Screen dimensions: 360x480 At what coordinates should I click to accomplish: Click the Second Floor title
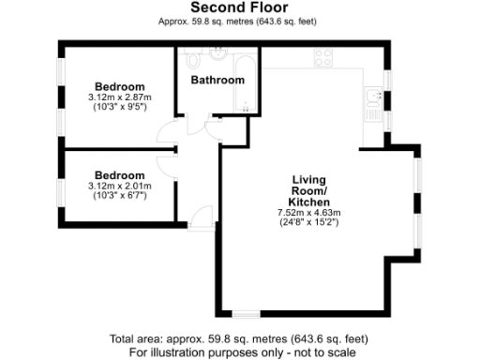[239, 8]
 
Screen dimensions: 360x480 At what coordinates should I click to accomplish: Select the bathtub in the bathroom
[246, 83]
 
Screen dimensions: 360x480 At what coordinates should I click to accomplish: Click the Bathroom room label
[217, 81]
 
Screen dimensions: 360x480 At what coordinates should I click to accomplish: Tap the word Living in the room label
[307, 180]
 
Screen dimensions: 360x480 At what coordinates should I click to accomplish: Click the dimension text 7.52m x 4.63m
[307, 213]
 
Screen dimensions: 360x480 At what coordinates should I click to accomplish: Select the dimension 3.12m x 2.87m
[119, 97]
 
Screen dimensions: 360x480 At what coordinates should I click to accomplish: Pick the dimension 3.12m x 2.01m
[119, 186]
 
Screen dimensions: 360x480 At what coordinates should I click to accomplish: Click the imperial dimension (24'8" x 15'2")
[307, 223]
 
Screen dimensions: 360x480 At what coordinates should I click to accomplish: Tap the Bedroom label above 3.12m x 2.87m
[119, 86]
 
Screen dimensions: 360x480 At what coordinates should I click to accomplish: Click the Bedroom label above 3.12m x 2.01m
[119, 175]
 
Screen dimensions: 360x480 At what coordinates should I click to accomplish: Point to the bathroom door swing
[198, 125]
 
